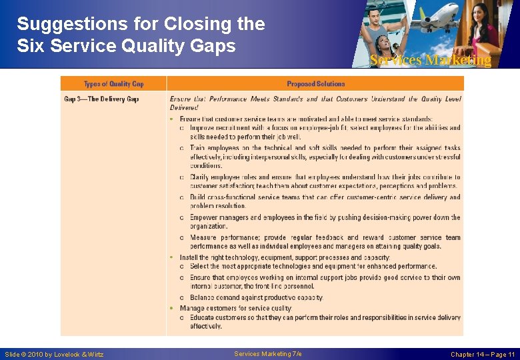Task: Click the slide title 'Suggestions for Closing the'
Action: [x=141, y=24]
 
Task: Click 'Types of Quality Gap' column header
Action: [x=113, y=84]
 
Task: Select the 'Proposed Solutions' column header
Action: [x=315, y=84]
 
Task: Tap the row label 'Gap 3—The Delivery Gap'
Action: [x=101, y=99]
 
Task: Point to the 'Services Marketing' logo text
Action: [x=430, y=61]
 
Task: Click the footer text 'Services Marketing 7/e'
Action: [x=268, y=353]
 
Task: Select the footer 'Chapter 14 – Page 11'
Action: [x=483, y=354]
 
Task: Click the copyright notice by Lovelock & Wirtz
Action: [x=54, y=354]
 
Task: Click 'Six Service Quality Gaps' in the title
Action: [x=126, y=45]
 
